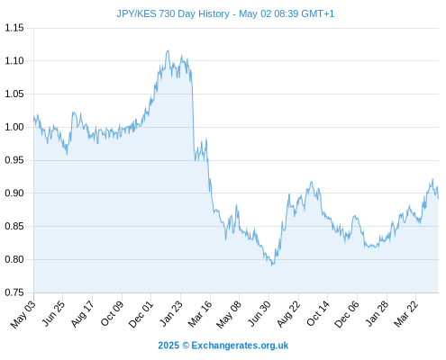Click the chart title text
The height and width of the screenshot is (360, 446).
coord(225,13)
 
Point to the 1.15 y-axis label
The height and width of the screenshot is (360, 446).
coord(14,28)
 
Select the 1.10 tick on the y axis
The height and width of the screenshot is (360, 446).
coord(14,61)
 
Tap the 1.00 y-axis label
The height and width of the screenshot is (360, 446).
coord(14,127)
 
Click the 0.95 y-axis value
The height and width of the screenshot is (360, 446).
coord(14,160)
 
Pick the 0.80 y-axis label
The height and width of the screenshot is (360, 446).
coord(14,259)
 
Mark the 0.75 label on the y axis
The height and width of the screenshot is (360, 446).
coord(14,292)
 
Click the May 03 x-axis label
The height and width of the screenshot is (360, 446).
coord(23,314)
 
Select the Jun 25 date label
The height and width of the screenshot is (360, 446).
coord(53,313)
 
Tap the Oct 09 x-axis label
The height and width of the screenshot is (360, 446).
coord(112,313)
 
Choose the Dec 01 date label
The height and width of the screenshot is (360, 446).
coord(141,314)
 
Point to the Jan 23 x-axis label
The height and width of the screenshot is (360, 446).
coord(171,313)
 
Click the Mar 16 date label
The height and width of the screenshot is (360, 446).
coord(200,314)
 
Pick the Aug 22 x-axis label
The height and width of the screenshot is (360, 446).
coord(288,314)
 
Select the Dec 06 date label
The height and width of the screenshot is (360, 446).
coord(347,314)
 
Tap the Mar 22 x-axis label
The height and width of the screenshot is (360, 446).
coord(406,314)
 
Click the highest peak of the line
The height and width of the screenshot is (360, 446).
coord(168,50)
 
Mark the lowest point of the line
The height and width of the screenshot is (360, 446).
coord(272,265)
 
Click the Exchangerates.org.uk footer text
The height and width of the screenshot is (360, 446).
coord(240,346)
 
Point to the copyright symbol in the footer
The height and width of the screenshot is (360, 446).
coord(186,346)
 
